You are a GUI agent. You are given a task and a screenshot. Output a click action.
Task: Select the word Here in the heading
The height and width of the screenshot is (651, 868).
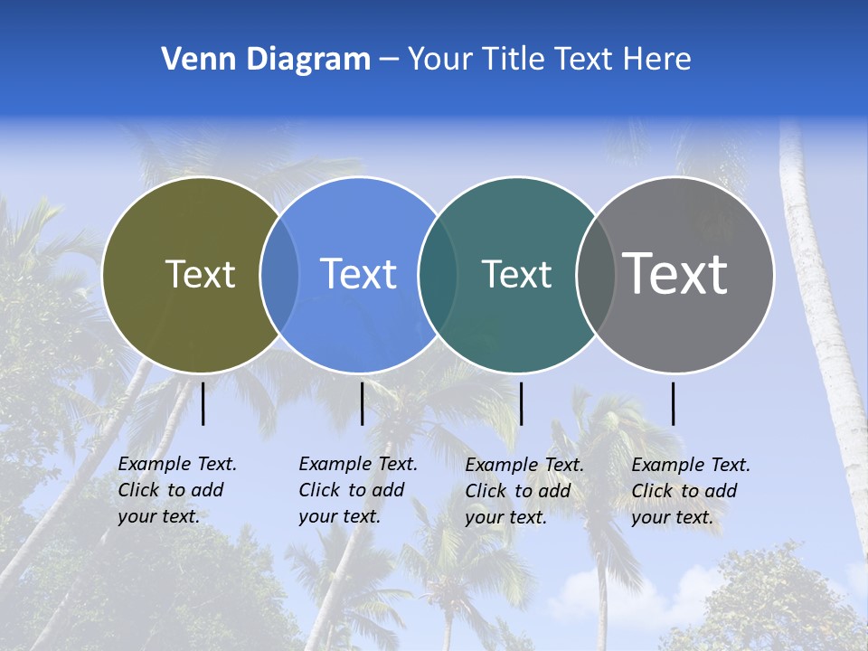click(657, 60)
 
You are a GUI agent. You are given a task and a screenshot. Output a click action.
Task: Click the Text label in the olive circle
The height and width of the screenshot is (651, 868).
click(200, 274)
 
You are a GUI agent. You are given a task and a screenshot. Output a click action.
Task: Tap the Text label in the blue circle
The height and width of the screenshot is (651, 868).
click(359, 274)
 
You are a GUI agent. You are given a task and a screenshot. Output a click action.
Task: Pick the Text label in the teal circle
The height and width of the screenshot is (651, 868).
click(516, 274)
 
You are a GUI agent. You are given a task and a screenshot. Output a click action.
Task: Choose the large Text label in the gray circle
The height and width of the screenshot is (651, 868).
click(675, 273)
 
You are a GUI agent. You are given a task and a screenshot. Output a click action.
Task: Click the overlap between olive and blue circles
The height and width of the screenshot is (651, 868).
click(279, 275)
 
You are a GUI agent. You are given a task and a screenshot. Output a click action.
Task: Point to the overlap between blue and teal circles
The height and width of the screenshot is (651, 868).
click(438, 275)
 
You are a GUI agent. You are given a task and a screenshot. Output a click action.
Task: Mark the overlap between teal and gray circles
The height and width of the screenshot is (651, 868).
click(595, 275)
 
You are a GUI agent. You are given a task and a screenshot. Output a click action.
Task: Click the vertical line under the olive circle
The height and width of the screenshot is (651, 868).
click(203, 403)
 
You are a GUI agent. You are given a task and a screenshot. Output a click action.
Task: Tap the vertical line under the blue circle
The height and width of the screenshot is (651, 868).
click(362, 403)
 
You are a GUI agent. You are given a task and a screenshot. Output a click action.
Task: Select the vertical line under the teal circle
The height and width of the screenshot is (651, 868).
click(521, 403)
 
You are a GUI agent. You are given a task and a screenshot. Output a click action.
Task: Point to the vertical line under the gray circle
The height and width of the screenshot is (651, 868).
click(673, 403)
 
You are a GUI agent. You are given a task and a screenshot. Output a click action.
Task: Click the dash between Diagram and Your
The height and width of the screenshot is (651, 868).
click(389, 60)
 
